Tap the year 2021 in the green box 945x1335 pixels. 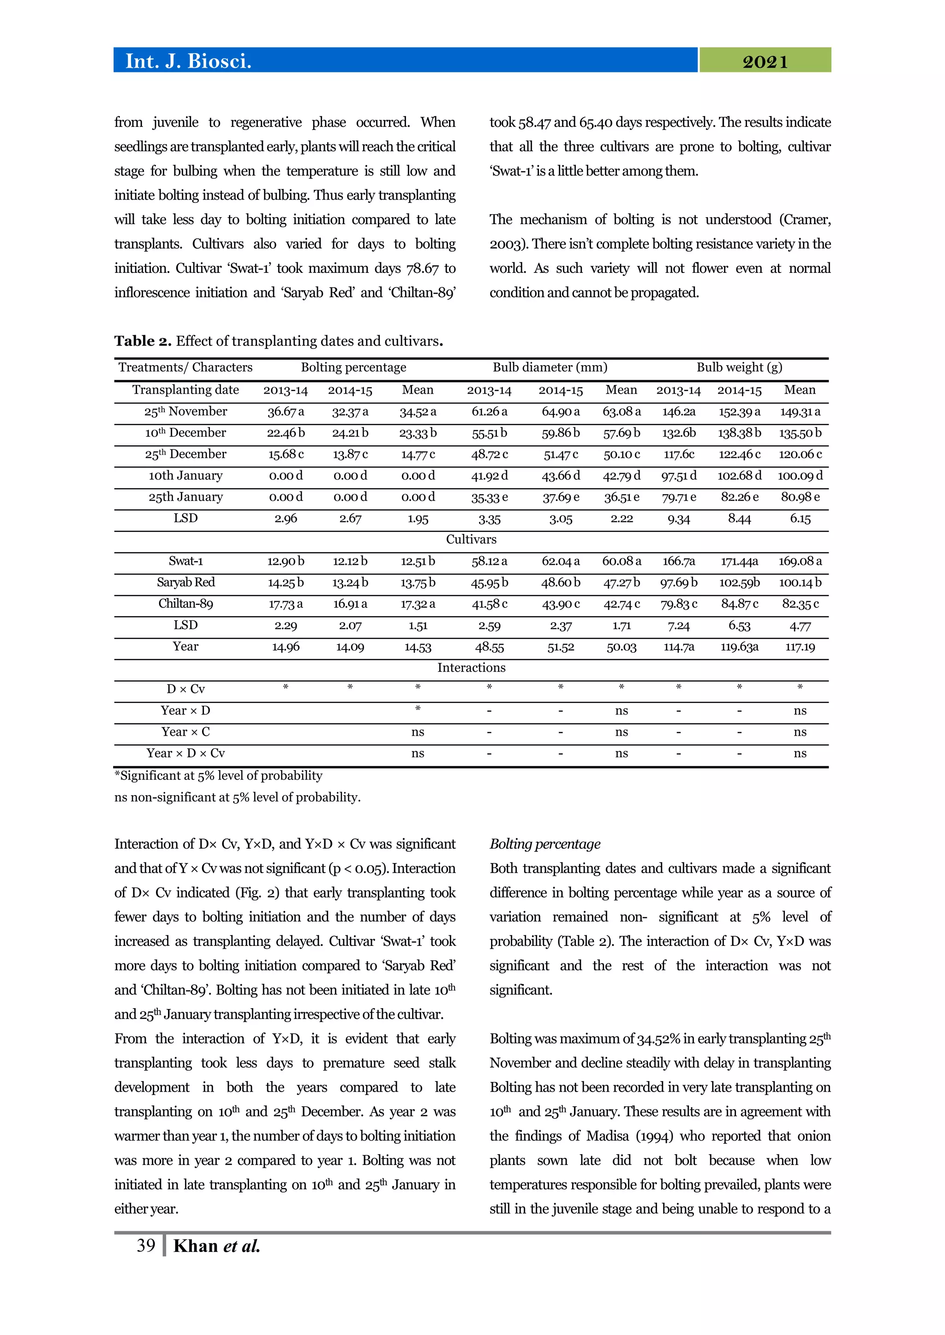pyautogui.click(x=765, y=62)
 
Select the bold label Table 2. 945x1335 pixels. pyautogui.click(x=143, y=341)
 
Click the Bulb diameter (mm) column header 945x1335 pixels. pyautogui.click(x=550, y=367)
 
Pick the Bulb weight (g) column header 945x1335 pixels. pyautogui.click(x=739, y=367)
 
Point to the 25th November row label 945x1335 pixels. pyautogui.click(x=185, y=412)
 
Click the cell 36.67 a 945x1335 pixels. pyautogui.click(x=286, y=412)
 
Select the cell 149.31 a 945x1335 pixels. pyautogui.click(x=800, y=412)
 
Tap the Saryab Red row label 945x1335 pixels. pyautogui.click(x=185, y=583)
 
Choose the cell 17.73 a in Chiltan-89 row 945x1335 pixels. pyautogui.click(x=286, y=604)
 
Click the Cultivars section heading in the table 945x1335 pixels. pyautogui.click(x=471, y=540)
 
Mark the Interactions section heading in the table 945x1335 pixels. pyautogui.click(x=471, y=668)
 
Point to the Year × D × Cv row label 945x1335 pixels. pyautogui.click(x=185, y=754)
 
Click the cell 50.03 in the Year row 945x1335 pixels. pyautogui.click(x=622, y=647)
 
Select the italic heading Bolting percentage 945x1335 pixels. pyautogui.click(x=544, y=844)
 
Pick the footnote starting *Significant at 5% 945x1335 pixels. pyautogui.click(x=219, y=776)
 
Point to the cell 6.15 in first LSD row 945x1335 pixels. pyautogui.click(x=800, y=519)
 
